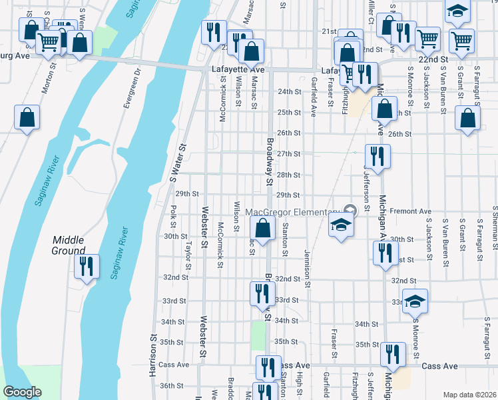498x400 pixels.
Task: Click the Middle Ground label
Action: coord(68,245)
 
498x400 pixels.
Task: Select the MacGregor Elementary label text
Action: coord(292,213)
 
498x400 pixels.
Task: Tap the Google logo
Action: coord(22,392)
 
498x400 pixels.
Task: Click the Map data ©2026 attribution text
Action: coord(469,395)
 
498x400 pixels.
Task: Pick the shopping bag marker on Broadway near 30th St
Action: coord(264,228)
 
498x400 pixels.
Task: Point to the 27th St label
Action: coord(288,154)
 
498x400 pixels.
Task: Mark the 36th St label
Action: coord(172,385)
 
